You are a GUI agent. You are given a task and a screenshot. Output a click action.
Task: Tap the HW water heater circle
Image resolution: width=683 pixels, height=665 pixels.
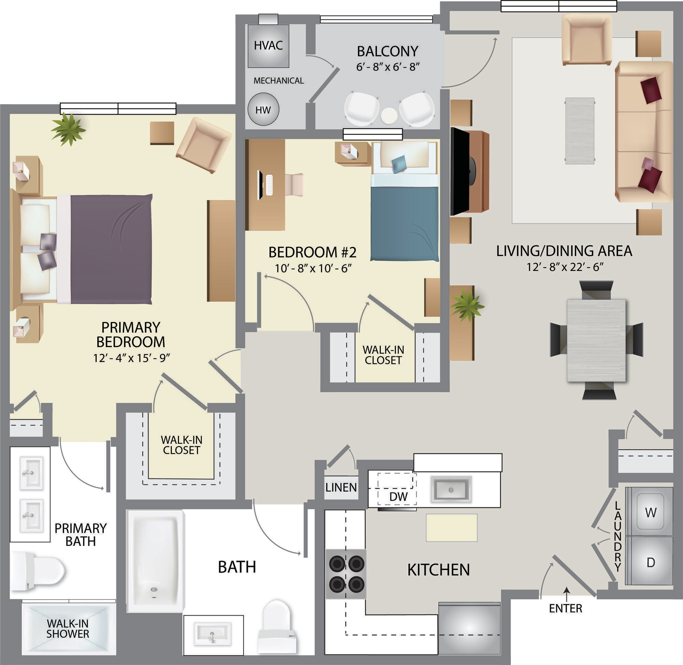263,110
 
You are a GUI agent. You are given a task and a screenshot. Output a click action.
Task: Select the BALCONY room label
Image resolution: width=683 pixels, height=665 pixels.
388,51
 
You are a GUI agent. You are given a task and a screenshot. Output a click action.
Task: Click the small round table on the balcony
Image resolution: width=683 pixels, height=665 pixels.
389,116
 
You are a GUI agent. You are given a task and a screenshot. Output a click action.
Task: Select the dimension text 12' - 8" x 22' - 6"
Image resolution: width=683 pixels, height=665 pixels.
565,267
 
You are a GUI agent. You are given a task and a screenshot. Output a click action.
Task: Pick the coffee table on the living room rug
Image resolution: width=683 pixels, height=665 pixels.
580,131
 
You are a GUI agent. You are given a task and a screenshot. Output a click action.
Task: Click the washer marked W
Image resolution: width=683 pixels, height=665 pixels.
650,512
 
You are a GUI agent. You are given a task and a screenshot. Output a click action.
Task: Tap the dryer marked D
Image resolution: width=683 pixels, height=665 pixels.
650,562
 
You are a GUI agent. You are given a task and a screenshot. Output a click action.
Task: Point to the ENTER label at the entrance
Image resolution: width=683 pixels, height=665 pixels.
566,608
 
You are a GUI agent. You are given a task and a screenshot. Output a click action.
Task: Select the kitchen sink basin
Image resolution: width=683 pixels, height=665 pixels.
451,490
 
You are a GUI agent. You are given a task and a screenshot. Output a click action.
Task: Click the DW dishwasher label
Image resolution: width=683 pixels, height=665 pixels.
398,497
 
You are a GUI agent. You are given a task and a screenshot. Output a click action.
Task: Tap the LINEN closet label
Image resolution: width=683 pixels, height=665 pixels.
341,487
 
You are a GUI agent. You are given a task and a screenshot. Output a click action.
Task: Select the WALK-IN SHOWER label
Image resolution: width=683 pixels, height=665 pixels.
68,628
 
